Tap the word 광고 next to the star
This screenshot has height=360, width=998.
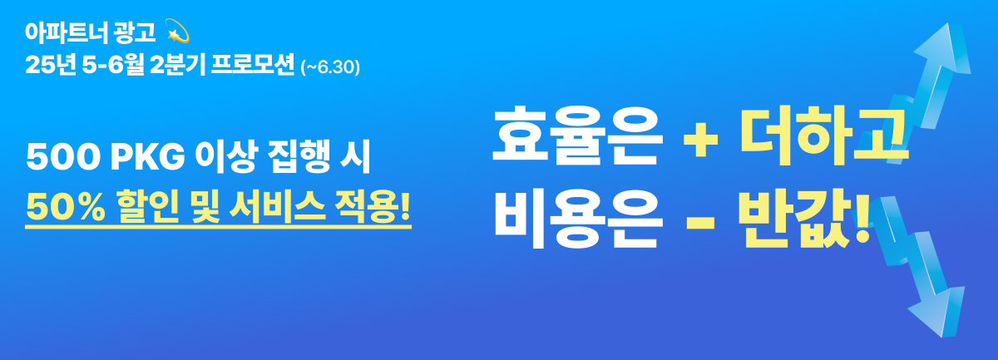pos(135,33)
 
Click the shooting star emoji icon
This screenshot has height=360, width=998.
pos(177,31)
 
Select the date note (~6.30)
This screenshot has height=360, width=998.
pos(330,67)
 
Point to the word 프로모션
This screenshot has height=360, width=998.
pos(253,65)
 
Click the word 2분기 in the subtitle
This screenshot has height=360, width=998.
pos(178,65)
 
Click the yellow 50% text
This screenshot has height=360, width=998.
pos(66,208)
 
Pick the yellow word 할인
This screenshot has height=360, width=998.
pos(148,207)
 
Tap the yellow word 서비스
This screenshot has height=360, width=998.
pos(278,207)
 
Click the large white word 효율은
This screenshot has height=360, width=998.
pos(577,136)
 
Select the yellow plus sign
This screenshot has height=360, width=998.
pos(701,139)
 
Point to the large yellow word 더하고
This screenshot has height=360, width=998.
pos(823,136)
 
